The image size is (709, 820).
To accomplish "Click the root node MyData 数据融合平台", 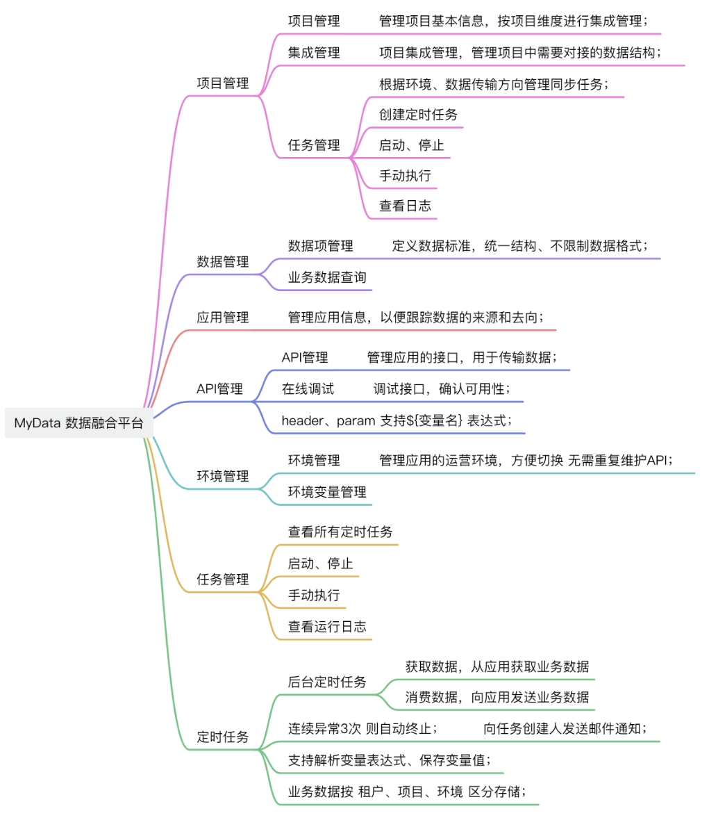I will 78,423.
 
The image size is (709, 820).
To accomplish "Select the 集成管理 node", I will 314,52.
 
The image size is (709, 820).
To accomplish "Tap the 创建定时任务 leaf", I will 418,115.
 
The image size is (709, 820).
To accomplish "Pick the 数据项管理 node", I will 320,245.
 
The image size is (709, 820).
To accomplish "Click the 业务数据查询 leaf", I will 327,277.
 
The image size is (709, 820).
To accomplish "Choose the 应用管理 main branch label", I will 222,318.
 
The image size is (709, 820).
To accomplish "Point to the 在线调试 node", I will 308,388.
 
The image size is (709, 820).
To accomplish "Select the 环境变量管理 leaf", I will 327,492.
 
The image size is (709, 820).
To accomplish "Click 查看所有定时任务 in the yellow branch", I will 340,532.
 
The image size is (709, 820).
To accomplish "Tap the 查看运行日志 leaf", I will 327,626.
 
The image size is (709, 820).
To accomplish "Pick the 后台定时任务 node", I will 327,682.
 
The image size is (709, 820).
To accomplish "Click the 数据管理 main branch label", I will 222,262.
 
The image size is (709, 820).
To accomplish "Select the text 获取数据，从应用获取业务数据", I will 497,666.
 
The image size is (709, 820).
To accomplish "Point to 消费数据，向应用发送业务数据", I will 497,697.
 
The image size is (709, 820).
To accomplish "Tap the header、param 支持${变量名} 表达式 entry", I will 397,420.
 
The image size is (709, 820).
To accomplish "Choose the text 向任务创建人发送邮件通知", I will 565,729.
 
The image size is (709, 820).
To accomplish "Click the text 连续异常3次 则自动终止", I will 362,729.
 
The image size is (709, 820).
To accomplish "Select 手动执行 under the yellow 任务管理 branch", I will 314,596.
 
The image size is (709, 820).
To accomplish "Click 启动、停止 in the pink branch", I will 411,145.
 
